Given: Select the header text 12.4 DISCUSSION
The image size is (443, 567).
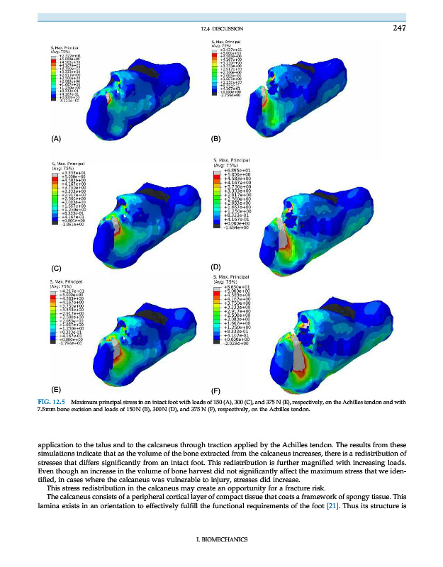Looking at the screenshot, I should [223, 30].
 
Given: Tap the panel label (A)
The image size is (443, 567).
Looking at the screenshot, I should [55, 138].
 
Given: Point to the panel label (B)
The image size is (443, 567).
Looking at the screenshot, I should [217, 138].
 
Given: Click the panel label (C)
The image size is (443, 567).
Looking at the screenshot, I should [55, 268].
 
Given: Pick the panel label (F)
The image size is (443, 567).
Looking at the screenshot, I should [217, 391].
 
